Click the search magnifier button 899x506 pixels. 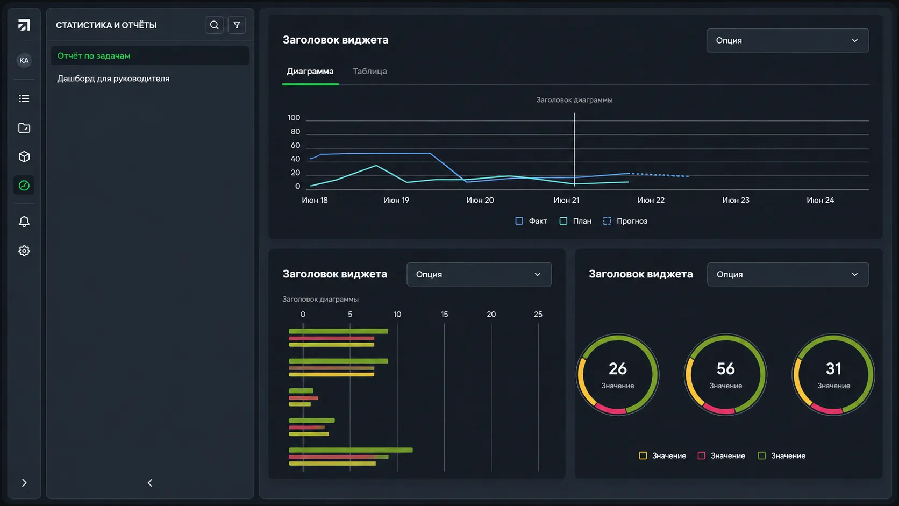(x=215, y=25)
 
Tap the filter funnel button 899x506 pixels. (x=237, y=25)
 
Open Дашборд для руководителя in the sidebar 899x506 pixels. (x=113, y=79)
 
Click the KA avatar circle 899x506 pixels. (x=24, y=60)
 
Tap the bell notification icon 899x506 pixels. (x=24, y=222)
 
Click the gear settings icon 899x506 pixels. (x=24, y=251)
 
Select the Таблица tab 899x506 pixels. (x=369, y=72)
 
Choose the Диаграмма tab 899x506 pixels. (x=310, y=72)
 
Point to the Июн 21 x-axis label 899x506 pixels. (x=566, y=200)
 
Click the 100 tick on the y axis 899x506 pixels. (x=294, y=118)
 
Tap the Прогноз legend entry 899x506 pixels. (x=625, y=221)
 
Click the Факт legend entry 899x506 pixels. (x=531, y=221)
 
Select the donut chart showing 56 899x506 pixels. (x=726, y=375)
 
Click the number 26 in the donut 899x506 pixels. (x=618, y=369)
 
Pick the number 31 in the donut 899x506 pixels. (x=833, y=369)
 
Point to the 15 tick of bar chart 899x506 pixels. (x=444, y=314)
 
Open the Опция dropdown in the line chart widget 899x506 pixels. (x=787, y=40)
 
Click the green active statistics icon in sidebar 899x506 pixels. (x=24, y=186)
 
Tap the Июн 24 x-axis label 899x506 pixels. (x=820, y=200)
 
